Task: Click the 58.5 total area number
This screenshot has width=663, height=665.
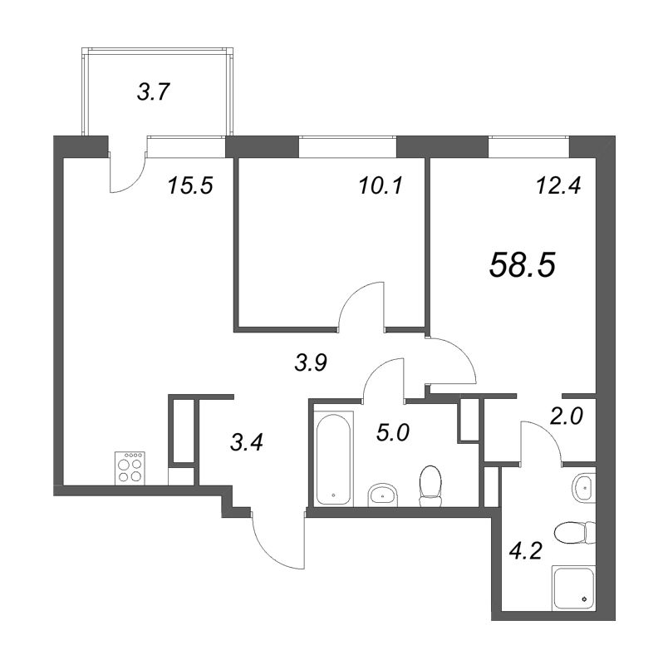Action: [x=522, y=264]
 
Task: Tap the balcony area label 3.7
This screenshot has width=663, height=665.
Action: [x=154, y=92]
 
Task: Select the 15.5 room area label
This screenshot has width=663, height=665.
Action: [x=190, y=185]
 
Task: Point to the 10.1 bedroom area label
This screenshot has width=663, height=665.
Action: [x=381, y=185]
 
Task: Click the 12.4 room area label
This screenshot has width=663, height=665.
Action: [x=558, y=185]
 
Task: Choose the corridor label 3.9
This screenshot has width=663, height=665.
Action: [x=312, y=362]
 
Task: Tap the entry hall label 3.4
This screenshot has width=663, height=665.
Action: [x=246, y=443]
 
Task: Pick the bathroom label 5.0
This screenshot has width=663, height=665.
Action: [x=392, y=433]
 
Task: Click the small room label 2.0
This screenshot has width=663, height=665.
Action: [x=567, y=416]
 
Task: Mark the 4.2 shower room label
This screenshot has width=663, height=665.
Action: [x=526, y=551]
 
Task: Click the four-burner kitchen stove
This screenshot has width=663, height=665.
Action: [x=130, y=468]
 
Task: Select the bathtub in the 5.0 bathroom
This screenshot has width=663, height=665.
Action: [x=334, y=460]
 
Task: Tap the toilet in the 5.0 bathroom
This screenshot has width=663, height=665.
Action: [x=430, y=486]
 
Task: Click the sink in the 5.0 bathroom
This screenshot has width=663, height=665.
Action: [x=383, y=495]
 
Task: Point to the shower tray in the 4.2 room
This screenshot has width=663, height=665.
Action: [x=573, y=589]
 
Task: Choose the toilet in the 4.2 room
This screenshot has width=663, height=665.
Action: [x=575, y=533]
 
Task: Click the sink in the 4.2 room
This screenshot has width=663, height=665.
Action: [x=584, y=488]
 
